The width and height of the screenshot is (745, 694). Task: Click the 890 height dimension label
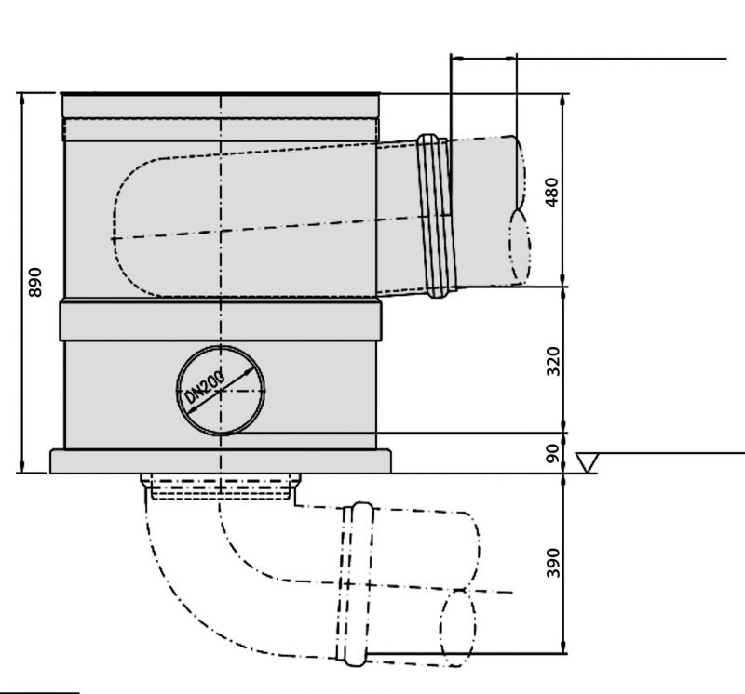35,283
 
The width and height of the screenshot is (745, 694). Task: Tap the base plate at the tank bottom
221,461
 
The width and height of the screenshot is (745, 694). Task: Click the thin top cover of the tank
221,96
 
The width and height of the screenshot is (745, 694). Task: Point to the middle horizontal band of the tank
221,321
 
